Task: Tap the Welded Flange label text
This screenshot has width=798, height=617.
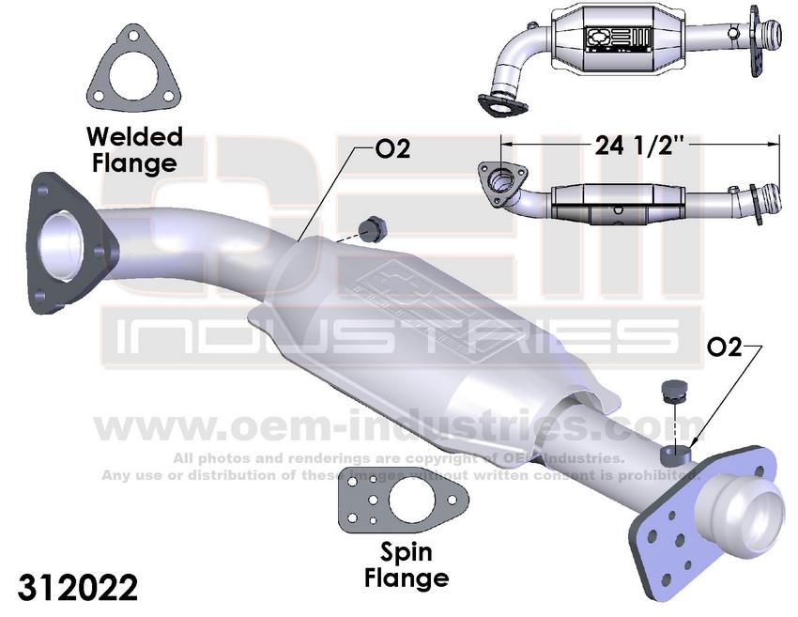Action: [x=133, y=149]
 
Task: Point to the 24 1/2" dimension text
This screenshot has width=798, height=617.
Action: [x=638, y=146]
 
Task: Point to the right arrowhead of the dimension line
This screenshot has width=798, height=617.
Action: [x=776, y=144]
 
